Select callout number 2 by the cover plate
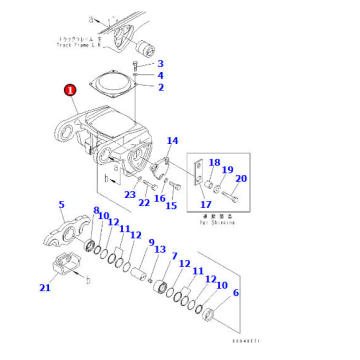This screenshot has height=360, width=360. [160, 87]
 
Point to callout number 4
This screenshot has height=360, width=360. [160, 75]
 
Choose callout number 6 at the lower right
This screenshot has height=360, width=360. [235, 293]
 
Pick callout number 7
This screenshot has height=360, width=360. [174, 256]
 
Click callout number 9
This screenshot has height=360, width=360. [151, 246]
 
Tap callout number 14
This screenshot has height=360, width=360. [171, 141]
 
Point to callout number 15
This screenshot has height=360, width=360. [171, 206]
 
